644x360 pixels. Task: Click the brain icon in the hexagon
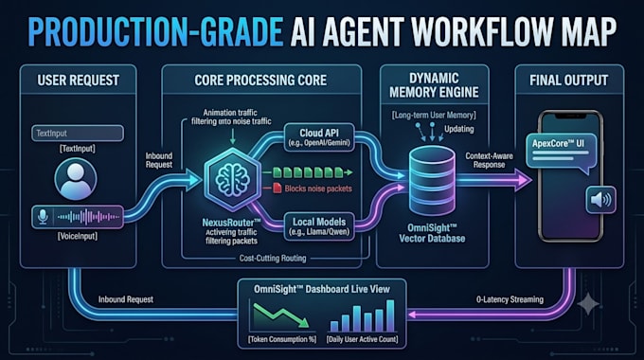click(232, 180)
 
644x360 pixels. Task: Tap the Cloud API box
click(319, 137)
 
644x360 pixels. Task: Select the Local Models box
click(319, 226)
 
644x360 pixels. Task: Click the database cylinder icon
click(433, 180)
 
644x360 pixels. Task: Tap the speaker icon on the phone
click(600, 200)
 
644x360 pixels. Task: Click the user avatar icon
click(76, 179)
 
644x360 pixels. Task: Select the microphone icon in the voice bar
click(43, 217)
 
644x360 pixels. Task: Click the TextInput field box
click(78, 134)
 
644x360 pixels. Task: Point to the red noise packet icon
click(277, 188)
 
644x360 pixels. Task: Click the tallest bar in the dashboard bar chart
click(390, 315)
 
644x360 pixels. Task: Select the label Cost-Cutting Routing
click(273, 258)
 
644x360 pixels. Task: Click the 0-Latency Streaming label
click(510, 299)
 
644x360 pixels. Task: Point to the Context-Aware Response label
click(489, 160)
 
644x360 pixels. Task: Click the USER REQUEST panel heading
click(79, 81)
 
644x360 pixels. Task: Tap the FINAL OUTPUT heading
click(569, 81)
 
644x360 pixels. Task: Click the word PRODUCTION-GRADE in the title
click(155, 32)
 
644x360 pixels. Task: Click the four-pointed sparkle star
click(588, 304)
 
